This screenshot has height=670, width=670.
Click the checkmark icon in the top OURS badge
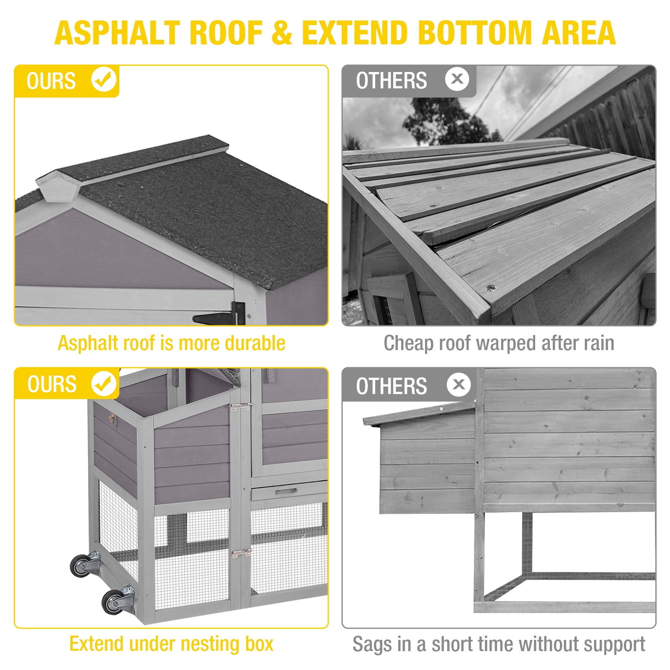point(104,80)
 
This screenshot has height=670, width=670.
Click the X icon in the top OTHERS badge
point(457,79)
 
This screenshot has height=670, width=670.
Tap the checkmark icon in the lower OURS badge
point(104,384)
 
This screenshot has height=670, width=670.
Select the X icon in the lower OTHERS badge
point(459,384)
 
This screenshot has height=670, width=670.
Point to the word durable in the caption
point(255,343)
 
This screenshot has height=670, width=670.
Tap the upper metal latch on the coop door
point(241,407)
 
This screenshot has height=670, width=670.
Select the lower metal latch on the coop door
point(241,554)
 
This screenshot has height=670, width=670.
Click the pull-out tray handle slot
point(286,491)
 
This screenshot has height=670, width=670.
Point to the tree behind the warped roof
point(448,121)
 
